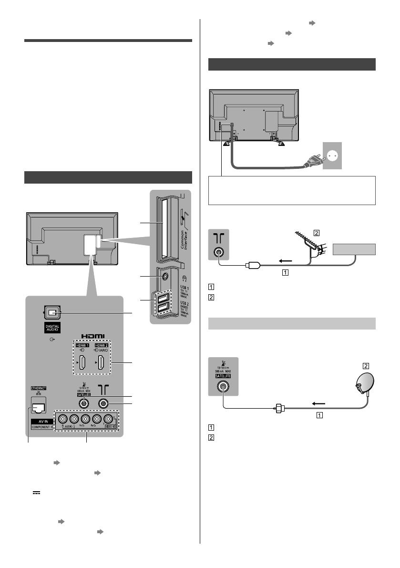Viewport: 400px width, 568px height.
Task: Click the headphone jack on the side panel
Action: [164, 275]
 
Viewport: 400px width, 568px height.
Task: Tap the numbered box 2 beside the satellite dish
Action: [366, 366]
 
